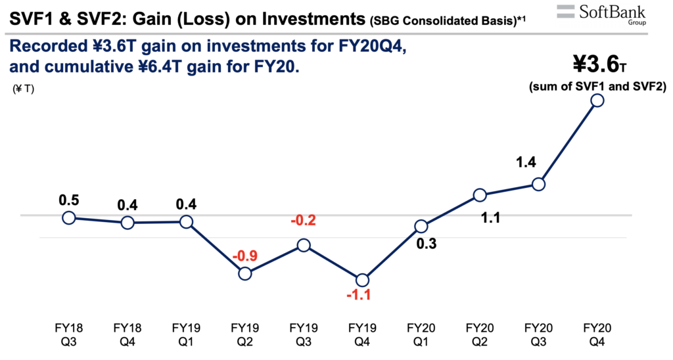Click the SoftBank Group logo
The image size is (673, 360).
(601, 14)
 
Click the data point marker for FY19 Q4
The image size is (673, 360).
(362, 281)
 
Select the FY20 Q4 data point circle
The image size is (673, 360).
(597, 101)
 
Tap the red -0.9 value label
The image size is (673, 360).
(244, 256)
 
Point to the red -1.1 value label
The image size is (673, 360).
(359, 295)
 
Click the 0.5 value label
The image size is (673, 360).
(68, 200)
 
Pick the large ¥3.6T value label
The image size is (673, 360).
(599, 65)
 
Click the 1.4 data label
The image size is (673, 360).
(526, 162)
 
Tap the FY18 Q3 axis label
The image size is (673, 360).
(68, 334)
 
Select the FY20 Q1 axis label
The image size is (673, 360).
(421, 334)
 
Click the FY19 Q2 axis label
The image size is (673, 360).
(244, 334)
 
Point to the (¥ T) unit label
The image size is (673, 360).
(24, 89)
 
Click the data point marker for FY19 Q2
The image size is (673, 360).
(244, 273)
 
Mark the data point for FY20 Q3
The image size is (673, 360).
(538, 185)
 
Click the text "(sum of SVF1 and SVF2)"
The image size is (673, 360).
(597, 87)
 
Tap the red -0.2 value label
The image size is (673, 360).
(303, 220)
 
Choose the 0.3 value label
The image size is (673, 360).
(426, 244)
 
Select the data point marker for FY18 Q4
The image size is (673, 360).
(128, 223)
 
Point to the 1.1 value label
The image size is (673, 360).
(490, 218)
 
